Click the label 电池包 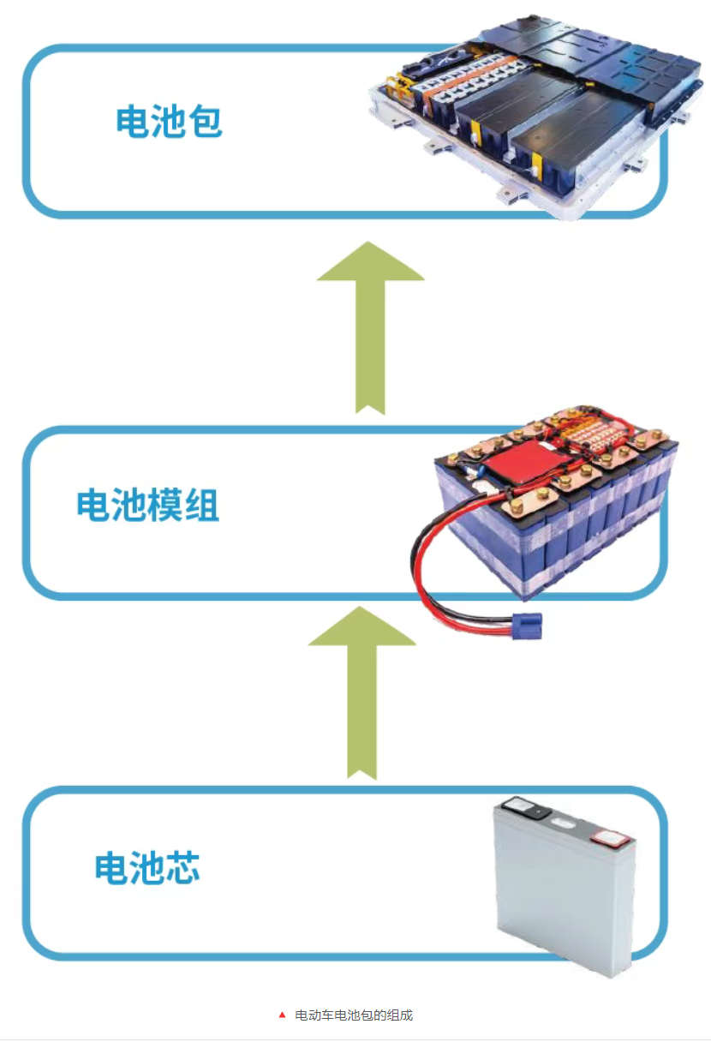click(x=169, y=123)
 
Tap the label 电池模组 click(x=147, y=506)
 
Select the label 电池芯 click(x=147, y=868)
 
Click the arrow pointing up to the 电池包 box click(x=370, y=326)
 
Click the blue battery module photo click(x=548, y=514)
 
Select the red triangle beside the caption click(x=282, y=1015)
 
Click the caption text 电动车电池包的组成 click(x=354, y=1015)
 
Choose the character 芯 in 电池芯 click(x=182, y=868)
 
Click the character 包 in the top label click(x=204, y=123)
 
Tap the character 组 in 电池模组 click(x=202, y=506)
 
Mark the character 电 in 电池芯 click(x=111, y=868)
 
